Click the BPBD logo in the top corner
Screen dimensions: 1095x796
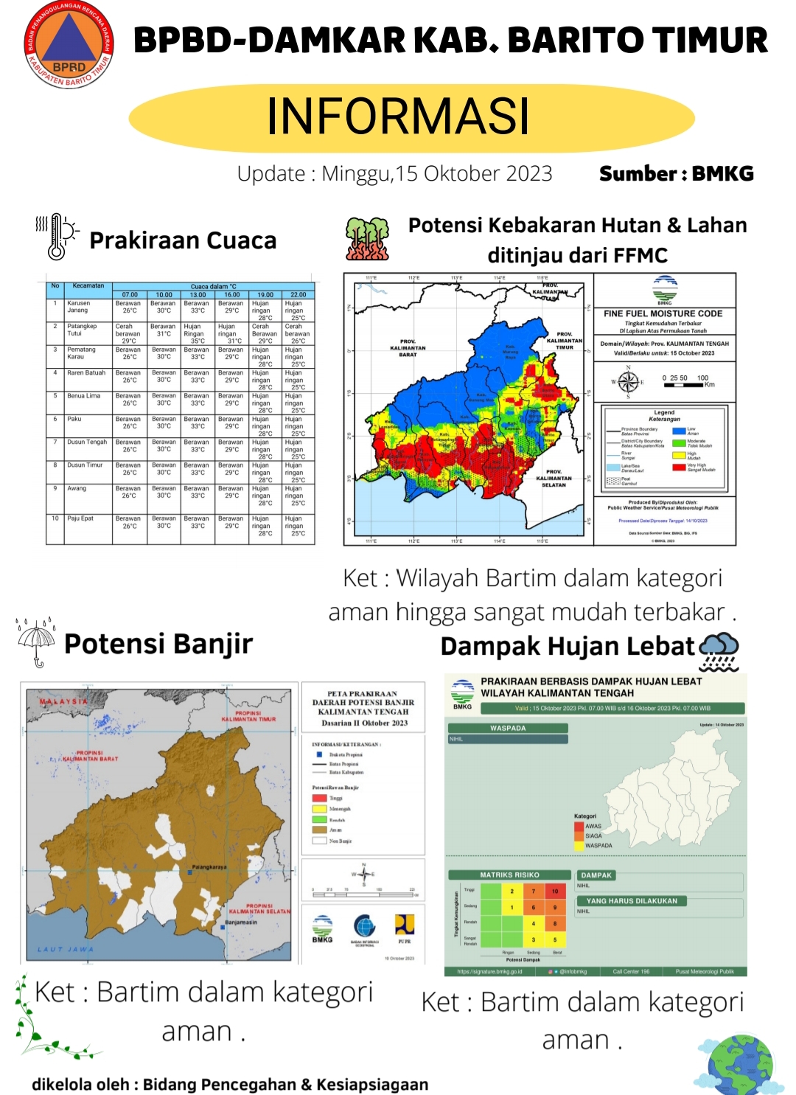click(x=69, y=45)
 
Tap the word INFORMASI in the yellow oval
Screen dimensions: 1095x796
click(x=398, y=117)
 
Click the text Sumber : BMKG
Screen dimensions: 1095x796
click(x=676, y=174)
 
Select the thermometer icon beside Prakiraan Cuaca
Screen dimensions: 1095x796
click(x=57, y=237)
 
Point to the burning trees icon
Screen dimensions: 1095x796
click(x=367, y=239)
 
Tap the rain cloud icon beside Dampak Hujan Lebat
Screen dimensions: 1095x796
click(x=719, y=651)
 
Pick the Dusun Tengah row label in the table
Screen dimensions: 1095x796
click(x=87, y=442)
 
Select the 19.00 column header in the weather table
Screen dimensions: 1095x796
click(x=265, y=294)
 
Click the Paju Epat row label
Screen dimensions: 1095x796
click(x=80, y=518)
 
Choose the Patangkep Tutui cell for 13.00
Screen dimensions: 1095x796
click(x=196, y=333)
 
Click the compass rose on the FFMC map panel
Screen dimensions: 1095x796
click(x=628, y=382)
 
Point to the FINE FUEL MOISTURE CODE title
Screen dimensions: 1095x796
click(x=663, y=313)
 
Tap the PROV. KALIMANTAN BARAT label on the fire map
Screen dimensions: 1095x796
click(x=408, y=348)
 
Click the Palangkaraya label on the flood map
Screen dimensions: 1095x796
click(x=209, y=867)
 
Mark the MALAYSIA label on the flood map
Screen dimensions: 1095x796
click(x=63, y=701)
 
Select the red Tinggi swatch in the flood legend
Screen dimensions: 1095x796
click(x=319, y=798)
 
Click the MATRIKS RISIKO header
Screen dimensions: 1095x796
click(x=509, y=875)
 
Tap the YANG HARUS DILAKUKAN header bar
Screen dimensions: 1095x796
click(x=632, y=901)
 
